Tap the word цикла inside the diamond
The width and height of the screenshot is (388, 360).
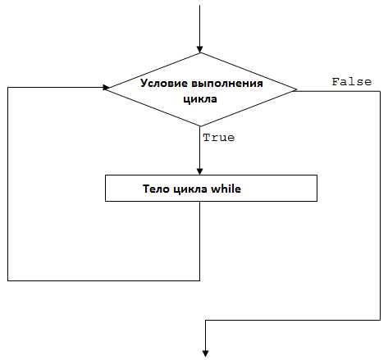point(200,99)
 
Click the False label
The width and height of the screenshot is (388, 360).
point(352,82)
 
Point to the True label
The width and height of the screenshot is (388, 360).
point(218,138)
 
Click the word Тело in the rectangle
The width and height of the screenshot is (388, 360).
point(156,189)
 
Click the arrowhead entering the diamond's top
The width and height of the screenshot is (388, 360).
point(200,49)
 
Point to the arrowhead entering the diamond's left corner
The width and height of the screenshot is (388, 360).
point(106,88)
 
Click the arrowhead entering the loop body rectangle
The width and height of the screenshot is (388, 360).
point(200,171)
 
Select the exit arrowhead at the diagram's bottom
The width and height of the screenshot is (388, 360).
point(205,353)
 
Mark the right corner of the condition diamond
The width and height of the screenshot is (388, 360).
point(296,89)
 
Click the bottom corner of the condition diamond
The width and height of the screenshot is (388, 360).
point(200,126)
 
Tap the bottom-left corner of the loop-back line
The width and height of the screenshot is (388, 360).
point(8,280)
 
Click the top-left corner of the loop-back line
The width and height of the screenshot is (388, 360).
point(8,88)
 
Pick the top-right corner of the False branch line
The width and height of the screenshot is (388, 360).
point(380,91)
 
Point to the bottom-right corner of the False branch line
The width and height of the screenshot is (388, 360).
point(380,320)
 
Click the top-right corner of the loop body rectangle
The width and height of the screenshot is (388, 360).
point(317,175)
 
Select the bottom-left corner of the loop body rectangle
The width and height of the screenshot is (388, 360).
point(106,201)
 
